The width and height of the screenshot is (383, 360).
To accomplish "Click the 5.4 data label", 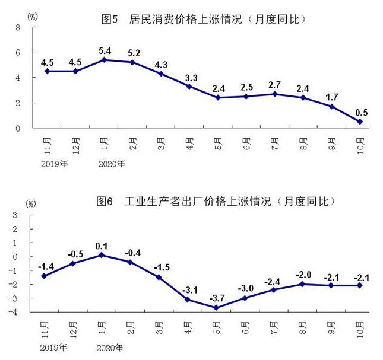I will pos(105,48).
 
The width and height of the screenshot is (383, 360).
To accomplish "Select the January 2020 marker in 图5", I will pos(105,60).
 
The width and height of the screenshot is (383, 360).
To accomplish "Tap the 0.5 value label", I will pos(360,110).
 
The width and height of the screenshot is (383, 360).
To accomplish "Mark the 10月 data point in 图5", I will pos(360,122).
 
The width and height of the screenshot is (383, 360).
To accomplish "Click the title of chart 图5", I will pos(204,19).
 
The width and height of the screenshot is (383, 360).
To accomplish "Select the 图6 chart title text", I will pos(215,202).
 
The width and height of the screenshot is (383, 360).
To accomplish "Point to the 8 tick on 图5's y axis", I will pos(18,27).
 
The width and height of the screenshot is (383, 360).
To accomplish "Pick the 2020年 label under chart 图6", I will pos(110,347).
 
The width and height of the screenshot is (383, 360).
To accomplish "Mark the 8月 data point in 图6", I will pos(303,284).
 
